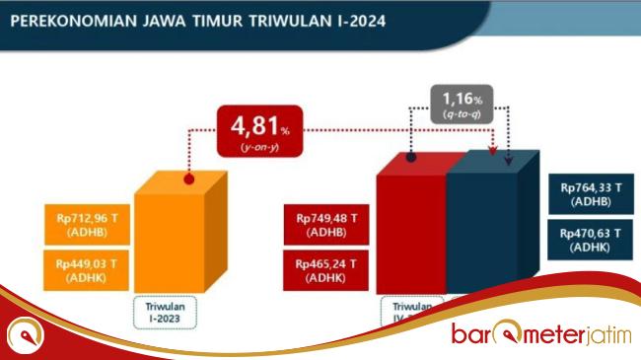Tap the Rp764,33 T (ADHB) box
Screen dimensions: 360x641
590,193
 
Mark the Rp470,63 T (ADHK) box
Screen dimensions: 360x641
590,240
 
